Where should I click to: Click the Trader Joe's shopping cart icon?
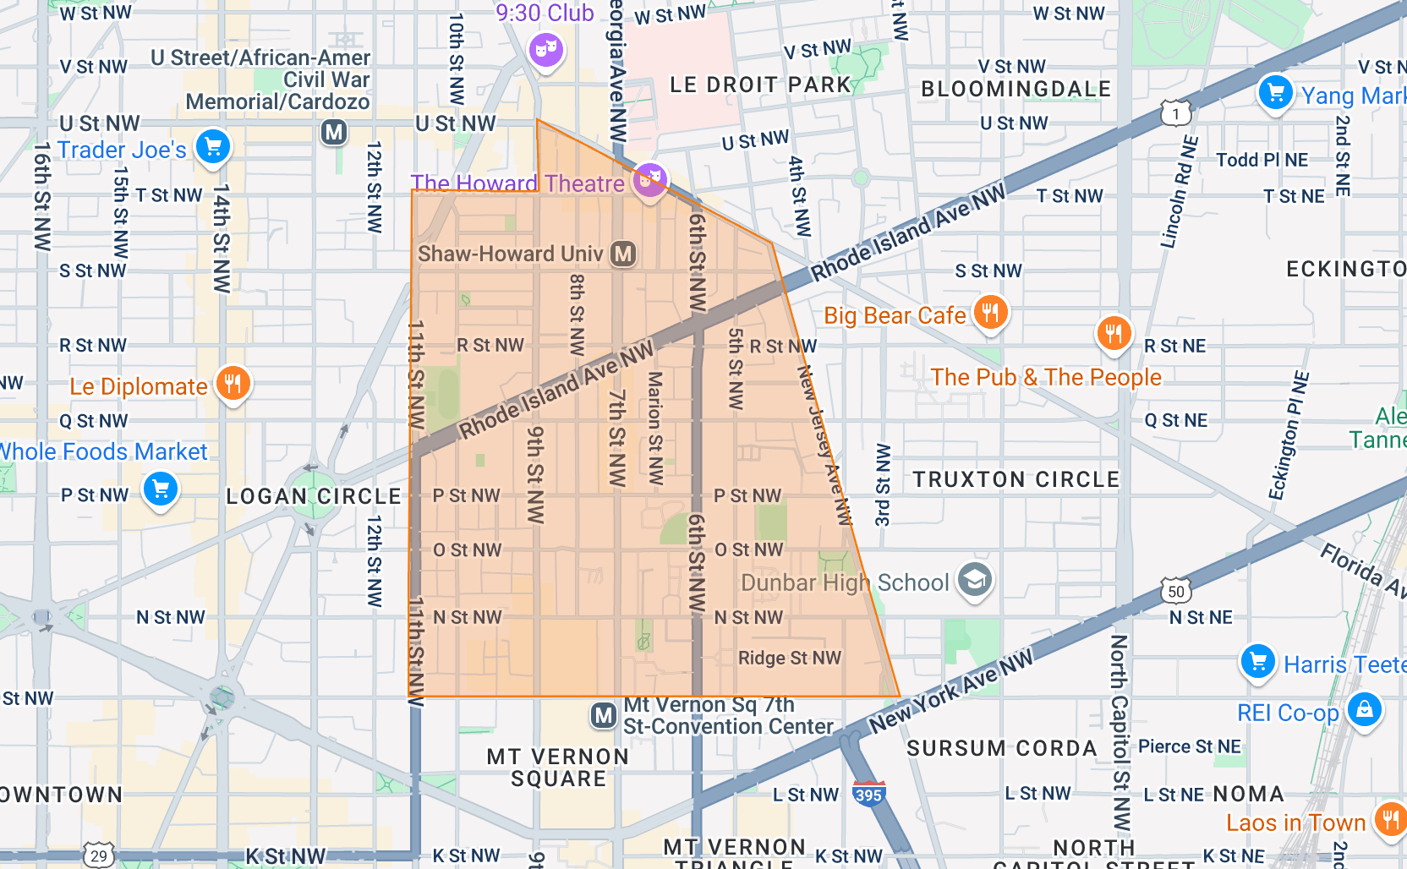(213, 147)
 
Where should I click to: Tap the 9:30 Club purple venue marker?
(546, 49)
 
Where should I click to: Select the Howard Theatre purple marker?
(649, 179)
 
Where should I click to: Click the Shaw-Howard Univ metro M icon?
(623, 254)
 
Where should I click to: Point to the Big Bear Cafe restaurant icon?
(990, 312)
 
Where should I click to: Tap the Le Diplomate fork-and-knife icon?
(233, 383)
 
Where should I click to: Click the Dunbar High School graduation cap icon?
(974, 581)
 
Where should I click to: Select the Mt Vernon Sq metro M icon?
(603, 716)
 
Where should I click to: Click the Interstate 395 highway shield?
(868, 794)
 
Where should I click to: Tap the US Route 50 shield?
(1176, 591)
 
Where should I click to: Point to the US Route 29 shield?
(98, 855)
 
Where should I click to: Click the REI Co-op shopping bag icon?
(1364, 709)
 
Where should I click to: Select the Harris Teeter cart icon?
(1257, 661)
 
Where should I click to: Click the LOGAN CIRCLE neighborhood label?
(314, 496)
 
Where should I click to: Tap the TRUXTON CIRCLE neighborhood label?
(1016, 479)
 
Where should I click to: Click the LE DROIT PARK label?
(760, 85)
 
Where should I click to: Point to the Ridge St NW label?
(790, 658)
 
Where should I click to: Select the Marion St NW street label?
(655, 428)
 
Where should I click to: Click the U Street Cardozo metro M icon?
(334, 132)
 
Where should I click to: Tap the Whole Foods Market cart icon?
(161, 489)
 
